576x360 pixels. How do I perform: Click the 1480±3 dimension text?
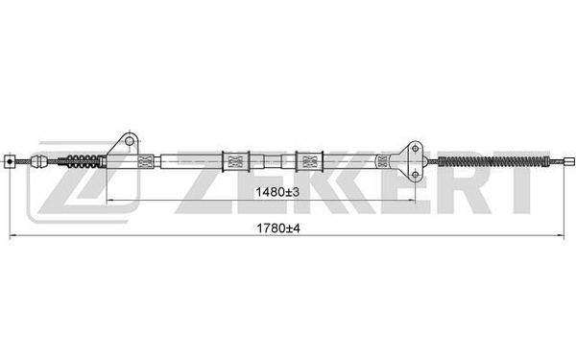point(277,192)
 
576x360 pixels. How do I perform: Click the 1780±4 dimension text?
point(278,228)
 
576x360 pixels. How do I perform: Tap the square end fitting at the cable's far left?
point(10,161)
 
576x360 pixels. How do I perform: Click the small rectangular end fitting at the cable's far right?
point(568,160)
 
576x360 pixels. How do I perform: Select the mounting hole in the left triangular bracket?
point(130,141)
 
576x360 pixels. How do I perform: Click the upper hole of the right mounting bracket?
point(415,149)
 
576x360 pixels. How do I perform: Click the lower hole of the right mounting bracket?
point(415,174)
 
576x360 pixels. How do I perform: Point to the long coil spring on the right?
point(494,161)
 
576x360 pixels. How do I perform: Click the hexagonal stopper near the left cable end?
point(39,161)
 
